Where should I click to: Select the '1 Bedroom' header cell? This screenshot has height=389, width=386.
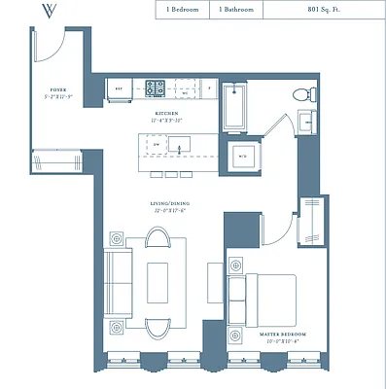182,10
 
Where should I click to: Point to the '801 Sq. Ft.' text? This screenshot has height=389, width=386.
328,10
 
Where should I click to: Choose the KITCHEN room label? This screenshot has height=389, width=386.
166,115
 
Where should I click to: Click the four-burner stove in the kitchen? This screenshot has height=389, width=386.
156,88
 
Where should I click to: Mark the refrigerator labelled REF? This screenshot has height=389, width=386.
121,88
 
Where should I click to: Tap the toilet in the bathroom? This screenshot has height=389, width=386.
303,94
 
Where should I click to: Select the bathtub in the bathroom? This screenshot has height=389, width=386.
235,110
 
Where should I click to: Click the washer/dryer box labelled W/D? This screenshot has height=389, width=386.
241,156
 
